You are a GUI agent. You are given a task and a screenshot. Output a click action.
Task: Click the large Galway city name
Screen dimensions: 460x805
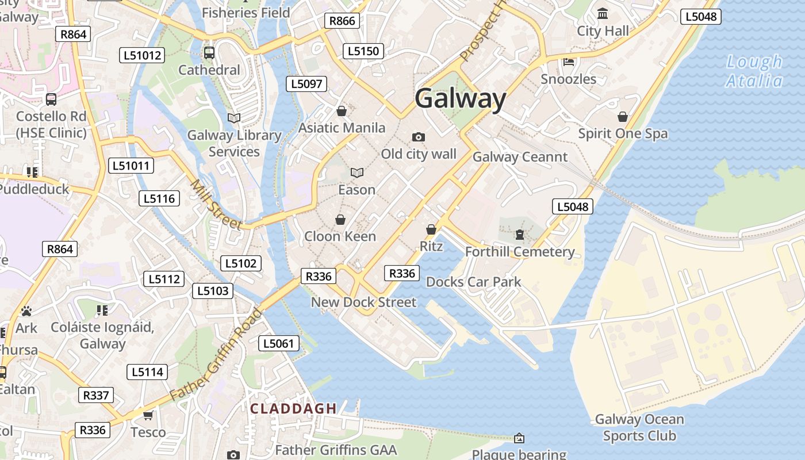tap(460, 99)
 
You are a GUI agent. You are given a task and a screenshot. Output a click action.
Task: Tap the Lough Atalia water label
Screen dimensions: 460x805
tap(754, 71)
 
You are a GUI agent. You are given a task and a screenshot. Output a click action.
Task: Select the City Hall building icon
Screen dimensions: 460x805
tap(603, 13)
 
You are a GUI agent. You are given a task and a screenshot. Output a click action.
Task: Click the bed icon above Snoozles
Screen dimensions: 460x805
tap(569, 62)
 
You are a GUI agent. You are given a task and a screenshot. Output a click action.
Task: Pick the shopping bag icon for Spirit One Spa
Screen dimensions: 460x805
tap(623, 117)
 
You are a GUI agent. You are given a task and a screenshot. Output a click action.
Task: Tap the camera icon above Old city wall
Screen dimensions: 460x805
tap(419, 137)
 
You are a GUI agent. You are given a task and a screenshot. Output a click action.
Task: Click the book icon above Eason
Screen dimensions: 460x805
tap(357, 172)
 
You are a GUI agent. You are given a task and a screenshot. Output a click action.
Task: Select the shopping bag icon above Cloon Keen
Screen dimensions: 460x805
tap(340, 220)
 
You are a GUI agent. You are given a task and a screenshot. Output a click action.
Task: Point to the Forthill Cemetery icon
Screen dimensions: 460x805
tap(520, 235)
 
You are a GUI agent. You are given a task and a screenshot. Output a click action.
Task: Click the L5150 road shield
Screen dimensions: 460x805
tap(363, 51)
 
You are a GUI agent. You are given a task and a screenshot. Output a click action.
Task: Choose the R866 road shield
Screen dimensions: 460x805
tap(342, 21)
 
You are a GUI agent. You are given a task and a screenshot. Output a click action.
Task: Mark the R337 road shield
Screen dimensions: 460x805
tap(96, 395)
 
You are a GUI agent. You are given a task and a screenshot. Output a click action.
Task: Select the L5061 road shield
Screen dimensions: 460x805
tap(279, 344)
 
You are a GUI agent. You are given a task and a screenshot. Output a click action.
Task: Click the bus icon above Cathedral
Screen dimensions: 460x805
tap(209, 53)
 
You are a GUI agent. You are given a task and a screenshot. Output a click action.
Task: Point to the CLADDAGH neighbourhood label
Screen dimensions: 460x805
tap(293, 408)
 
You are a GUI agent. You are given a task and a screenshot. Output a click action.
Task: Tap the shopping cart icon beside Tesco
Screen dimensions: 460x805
tap(148, 415)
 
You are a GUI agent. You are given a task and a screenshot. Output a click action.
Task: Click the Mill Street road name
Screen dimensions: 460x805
tap(216, 205)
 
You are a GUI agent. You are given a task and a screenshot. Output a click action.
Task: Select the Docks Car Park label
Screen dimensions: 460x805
tap(473, 282)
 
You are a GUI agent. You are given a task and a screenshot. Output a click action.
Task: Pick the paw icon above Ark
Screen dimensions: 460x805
tap(26, 311)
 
